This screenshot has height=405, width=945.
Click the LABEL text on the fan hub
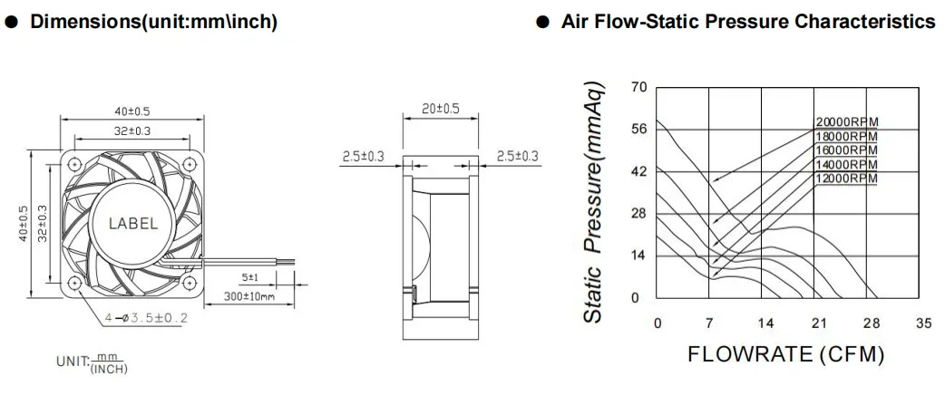point(133,224)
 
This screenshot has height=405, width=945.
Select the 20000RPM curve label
point(847,122)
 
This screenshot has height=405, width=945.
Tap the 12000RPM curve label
point(847,178)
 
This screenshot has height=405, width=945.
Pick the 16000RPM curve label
point(847,149)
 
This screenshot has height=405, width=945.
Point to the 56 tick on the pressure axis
point(638,130)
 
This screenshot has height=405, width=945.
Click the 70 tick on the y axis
point(638,88)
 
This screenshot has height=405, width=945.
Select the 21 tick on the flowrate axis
point(818,323)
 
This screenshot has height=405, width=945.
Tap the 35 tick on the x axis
point(924,323)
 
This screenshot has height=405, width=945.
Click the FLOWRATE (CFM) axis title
point(786,354)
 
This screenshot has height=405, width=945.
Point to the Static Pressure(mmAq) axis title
point(594,202)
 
